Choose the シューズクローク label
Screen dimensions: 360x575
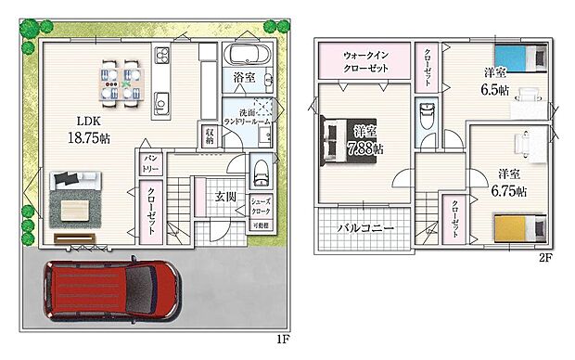click(x=261, y=204)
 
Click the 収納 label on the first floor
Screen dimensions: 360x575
click(x=210, y=135)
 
